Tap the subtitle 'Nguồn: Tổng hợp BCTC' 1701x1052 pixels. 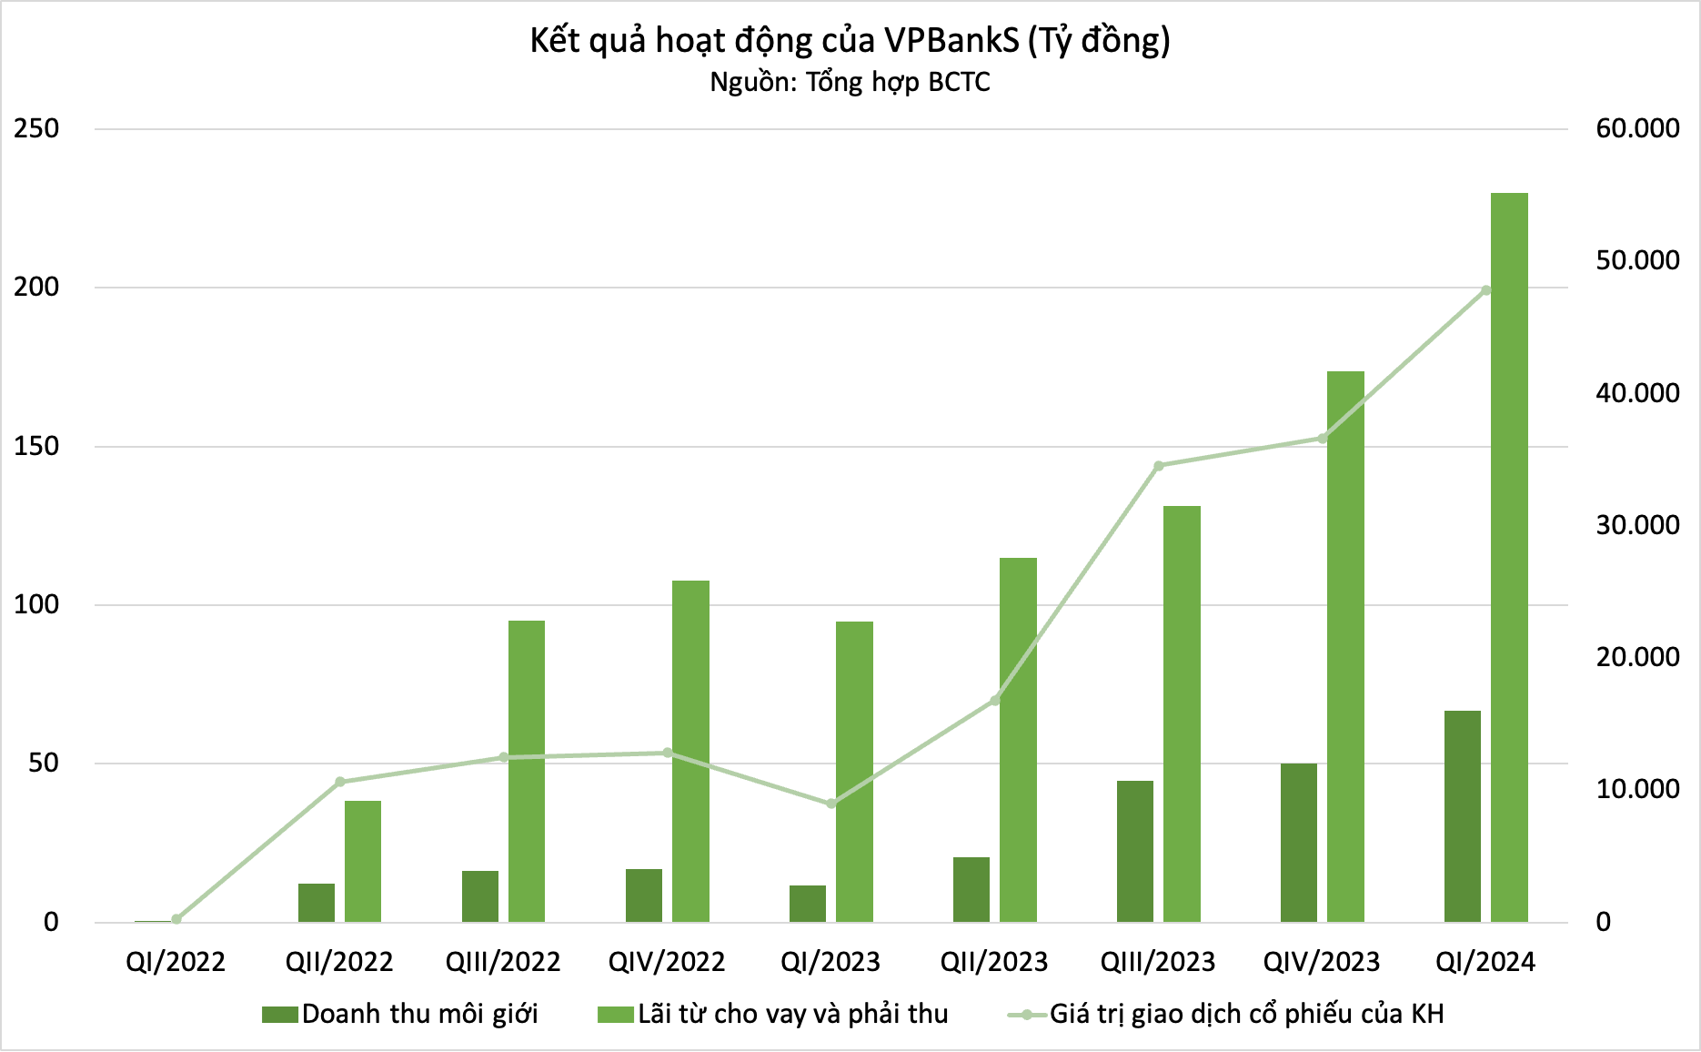pyautogui.click(x=850, y=83)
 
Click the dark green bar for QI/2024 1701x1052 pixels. pyautogui.click(x=1462, y=816)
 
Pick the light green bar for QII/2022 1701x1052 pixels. pyautogui.click(x=363, y=861)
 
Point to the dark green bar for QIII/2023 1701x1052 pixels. pyautogui.click(x=1134, y=851)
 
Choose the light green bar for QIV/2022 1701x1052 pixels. pyautogui.click(x=690, y=751)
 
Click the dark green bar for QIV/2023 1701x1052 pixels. pyautogui.click(x=1298, y=843)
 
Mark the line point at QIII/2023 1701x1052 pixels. pyautogui.click(x=1159, y=466)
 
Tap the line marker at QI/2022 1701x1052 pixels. pyautogui.click(x=176, y=919)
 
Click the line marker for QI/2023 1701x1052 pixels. pyautogui.click(x=831, y=804)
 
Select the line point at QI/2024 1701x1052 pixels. pyautogui.click(x=1485, y=290)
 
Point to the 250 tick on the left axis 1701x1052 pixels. pyautogui.click(x=36, y=128)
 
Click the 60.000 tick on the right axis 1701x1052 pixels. pyautogui.click(x=1637, y=128)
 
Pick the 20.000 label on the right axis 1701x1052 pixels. pyautogui.click(x=1637, y=657)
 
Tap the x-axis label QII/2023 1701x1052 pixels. pyautogui.click(x=994, y=962)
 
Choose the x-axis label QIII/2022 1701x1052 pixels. pyautogui.click(x=503, y=962)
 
